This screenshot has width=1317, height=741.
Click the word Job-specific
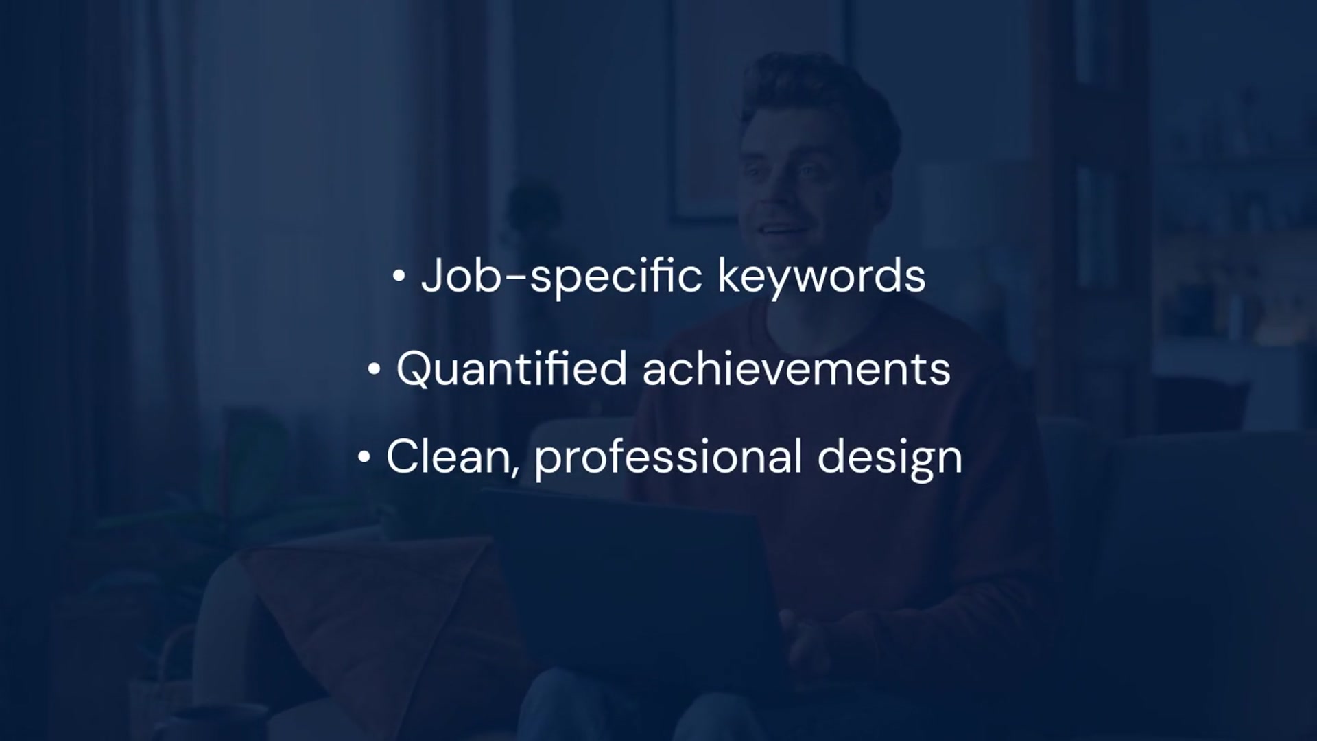click(561, 277)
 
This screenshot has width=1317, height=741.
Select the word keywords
click(821, 277)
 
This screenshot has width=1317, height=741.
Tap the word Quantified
click(511, 368)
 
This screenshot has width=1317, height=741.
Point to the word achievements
click(796, 368)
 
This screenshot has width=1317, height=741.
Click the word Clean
click(447, 457)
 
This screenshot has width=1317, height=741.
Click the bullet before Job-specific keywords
click(399, 277)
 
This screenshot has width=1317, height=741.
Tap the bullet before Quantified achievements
click(374, 370)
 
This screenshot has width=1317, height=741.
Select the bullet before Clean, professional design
click(364, 458)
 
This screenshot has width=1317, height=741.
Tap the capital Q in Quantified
click(415, 368)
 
